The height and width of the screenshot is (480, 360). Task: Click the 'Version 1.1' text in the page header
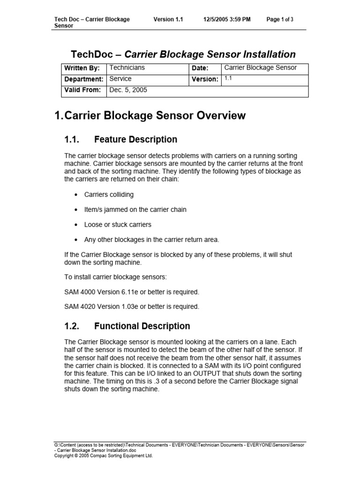(x=168, y=19)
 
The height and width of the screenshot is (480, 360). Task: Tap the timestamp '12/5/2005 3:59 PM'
(x=227, y=19)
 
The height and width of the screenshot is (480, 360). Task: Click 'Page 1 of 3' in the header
(x=280, y=19)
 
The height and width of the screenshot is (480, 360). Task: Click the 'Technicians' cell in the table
(x=127, y=68)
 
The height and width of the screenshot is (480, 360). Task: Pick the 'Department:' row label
(x=83, y=79)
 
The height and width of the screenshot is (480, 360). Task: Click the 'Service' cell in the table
(x=120, y=79)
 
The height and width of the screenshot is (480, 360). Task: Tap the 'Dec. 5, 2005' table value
(x=128, y=90)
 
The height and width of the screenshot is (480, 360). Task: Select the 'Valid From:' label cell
(x=82, y=90)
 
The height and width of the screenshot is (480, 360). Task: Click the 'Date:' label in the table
(x=200, y=68)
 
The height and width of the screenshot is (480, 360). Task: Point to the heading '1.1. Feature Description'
(x=120, y=139)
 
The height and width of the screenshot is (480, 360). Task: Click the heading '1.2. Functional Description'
(x=127, y=326)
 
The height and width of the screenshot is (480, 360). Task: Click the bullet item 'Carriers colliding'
(x=109, y=195)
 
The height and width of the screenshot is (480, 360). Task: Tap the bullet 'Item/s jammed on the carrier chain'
(x=135, y=210)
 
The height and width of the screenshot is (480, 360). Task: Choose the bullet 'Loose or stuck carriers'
(x=118, y=225)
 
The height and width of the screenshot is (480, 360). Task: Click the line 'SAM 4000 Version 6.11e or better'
(x=132, y=292)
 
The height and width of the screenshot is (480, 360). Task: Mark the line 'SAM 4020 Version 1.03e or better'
(x=132, y=307)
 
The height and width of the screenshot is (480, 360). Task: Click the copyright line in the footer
(x=104, y=455)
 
